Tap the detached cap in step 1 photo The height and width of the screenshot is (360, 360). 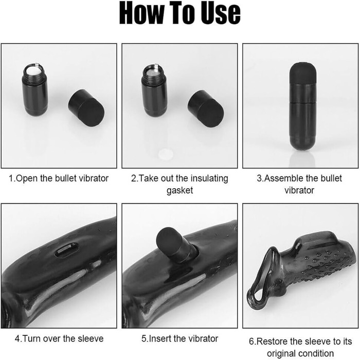(x=86, y=107)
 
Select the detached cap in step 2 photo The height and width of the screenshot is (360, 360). (x=206, y=109)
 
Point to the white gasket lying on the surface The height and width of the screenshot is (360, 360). (x=165, y=153)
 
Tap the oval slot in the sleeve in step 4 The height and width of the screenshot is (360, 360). (x=66, y=250)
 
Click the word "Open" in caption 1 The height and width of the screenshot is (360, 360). (x=27, y=178)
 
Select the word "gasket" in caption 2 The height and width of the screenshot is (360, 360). (x=180, y=191)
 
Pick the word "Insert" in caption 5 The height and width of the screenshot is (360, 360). (x=160, y=338)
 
